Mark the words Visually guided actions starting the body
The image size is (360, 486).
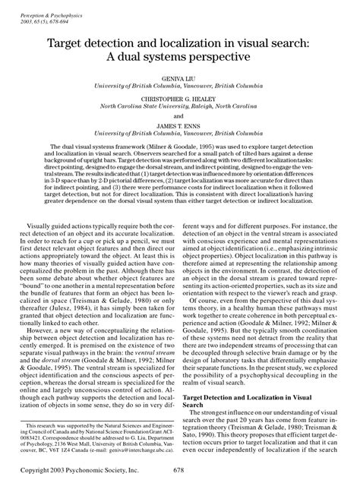click(x=68, y=226)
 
